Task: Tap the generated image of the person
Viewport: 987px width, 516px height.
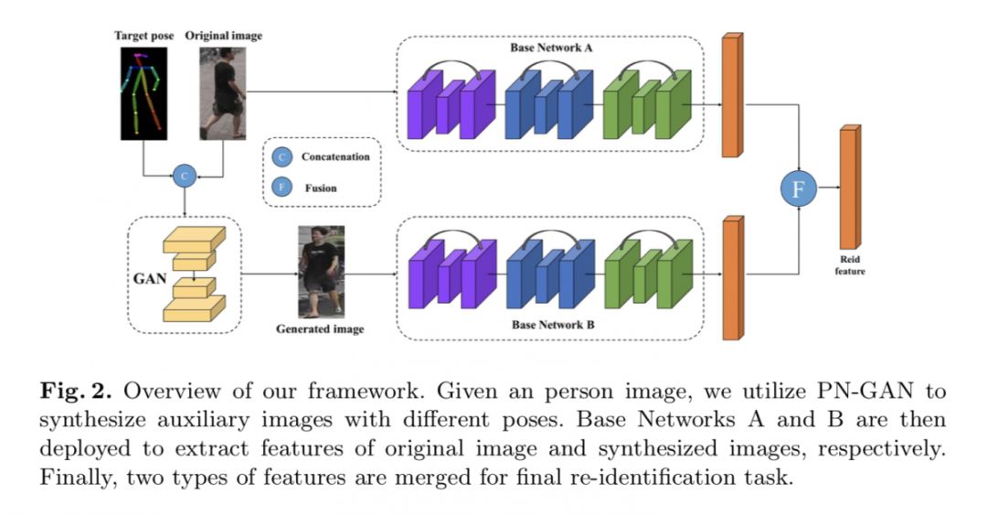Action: tap(321, 272)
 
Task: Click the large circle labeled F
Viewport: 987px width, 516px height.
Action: tap(797, 189)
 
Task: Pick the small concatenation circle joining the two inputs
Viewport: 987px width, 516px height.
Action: tap(185, 175)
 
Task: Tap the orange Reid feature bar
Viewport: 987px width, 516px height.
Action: tap(849, 188)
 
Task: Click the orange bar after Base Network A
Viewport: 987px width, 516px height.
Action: tap(731, 95)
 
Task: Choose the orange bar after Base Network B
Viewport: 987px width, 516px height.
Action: tap(731, 278)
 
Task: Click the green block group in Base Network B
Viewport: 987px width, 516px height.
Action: tap(647, 274)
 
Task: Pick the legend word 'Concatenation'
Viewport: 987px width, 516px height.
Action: tap(335, 157)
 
